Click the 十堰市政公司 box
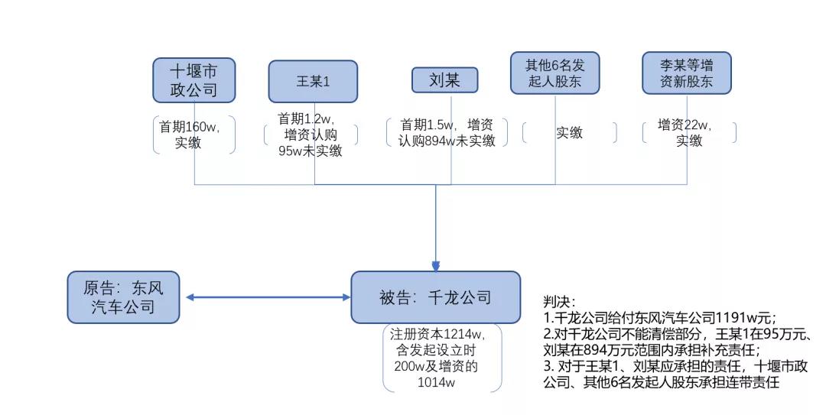[x=193, y=80]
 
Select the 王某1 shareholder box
[x=313, y=81]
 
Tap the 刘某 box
[x=444, y=80]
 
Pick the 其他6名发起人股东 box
[x=555, y=73]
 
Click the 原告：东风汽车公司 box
[x=124, y=297]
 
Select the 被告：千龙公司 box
[x=435, y=297]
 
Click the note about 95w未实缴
[x=311, y=135]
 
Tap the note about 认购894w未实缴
[x=447, y=132]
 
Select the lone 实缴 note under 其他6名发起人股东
[x=569, y=133]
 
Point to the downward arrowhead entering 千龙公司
[x=436, y=265]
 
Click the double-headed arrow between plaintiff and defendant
[x=266, y=297]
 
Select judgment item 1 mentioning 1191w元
[x=659, y=317]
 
